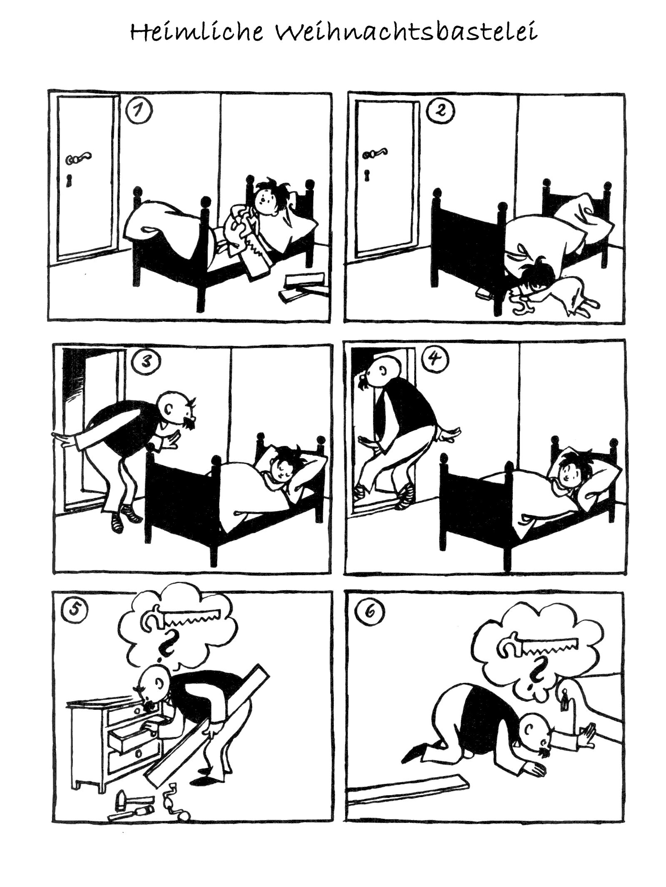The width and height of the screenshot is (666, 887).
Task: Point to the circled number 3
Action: coord(145,362)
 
